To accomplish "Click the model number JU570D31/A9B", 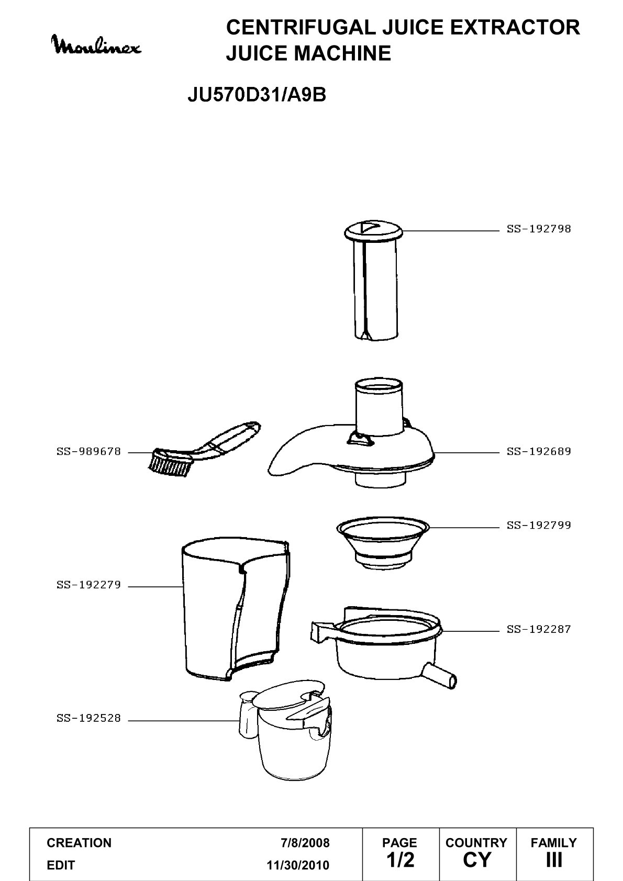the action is tap(257, 95).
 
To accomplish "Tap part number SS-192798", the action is tap(538, 229).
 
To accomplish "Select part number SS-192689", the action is tap(538, 452).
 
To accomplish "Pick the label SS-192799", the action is tap(538, 526).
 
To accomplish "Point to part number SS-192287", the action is tap(538, 629).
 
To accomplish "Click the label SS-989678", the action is tap(88, 452).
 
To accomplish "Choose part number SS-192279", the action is tap(88, 585).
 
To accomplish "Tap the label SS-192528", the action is tap(88, 718).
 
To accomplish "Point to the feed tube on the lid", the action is tap(379, 407).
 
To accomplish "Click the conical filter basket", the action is tap(383, 543).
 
